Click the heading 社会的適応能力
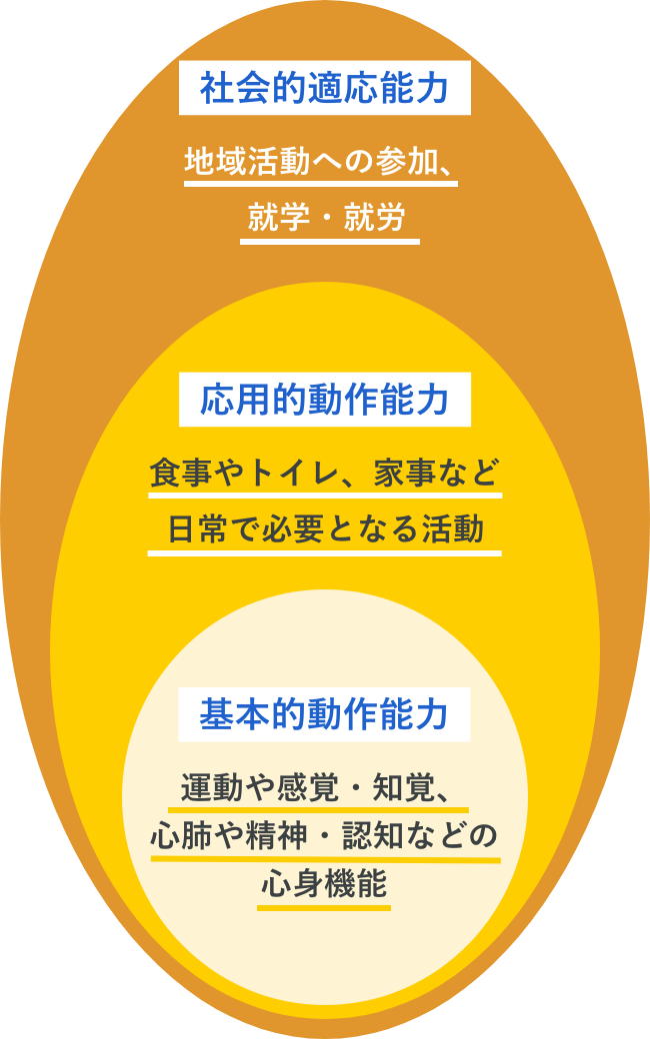[324, 88]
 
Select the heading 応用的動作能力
[324, 400]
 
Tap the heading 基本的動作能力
[324, 714]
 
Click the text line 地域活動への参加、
[321, 162]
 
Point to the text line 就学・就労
[326, 218]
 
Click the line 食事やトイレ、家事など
[324, 473]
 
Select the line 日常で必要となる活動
[325, 529]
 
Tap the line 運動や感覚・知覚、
[318, 788]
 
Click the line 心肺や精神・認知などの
[324, 835]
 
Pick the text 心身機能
[324, 884]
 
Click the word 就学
[279, 218]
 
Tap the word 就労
[374, 218]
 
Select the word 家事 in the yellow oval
[405, 473]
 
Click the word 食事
[180, 473]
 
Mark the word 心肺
[182, 835]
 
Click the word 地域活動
[247, 162]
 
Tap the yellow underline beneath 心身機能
[324, 907]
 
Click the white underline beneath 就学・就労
[330, 241]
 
